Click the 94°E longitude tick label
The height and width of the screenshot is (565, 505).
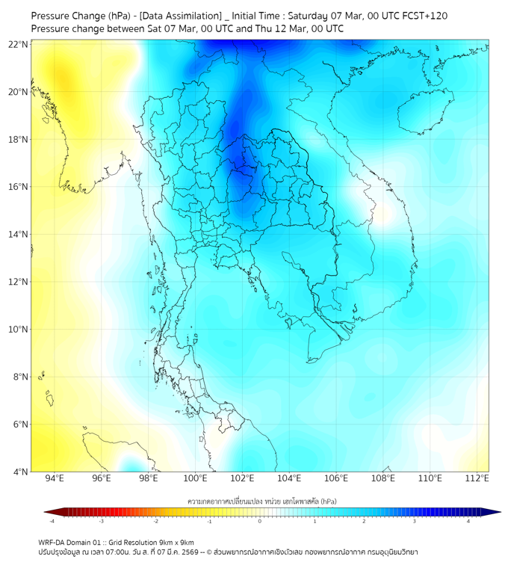[55, 478]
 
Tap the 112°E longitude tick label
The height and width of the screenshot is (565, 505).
[477, 478]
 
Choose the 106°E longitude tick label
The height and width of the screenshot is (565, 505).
[336, 478]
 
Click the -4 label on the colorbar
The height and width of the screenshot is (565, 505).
[52, 521]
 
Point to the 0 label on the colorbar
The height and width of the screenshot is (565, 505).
[260, 521]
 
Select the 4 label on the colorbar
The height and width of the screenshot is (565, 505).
[469, 521]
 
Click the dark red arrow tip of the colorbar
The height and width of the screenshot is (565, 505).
[47, 512]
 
